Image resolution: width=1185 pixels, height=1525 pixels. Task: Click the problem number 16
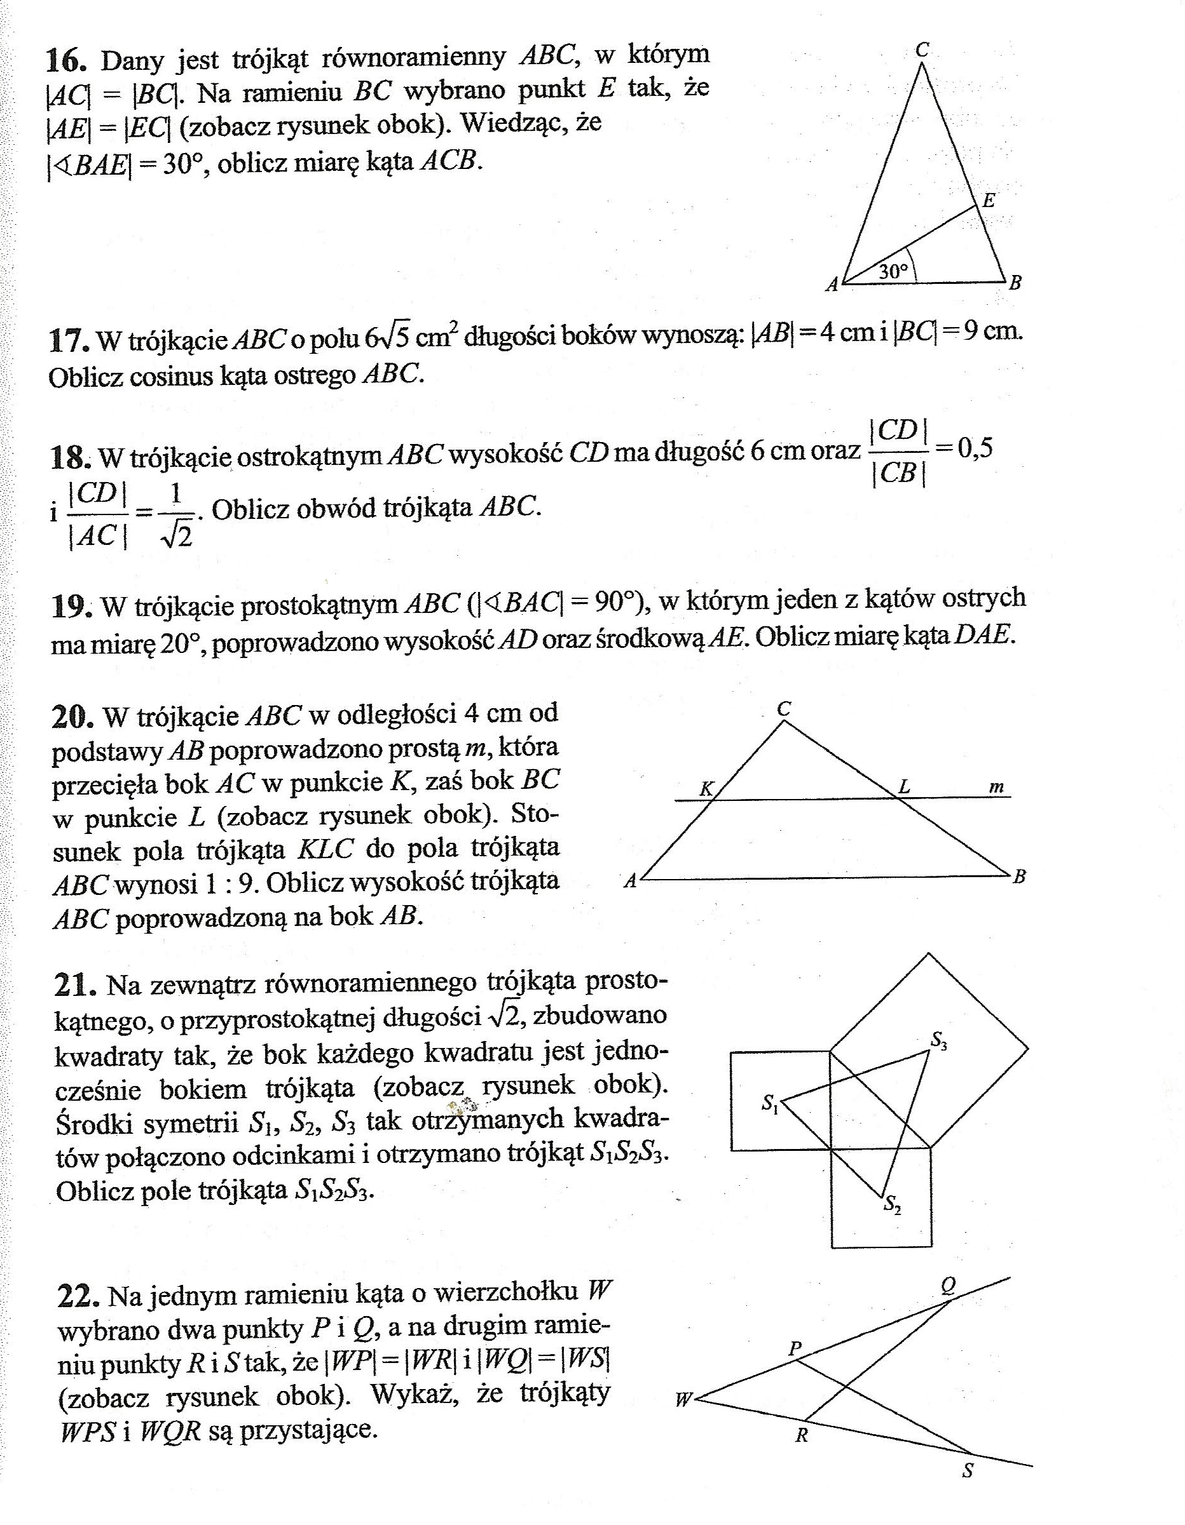(x=66, y=60)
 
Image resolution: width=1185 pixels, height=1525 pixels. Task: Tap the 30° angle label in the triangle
(x=892, y=272)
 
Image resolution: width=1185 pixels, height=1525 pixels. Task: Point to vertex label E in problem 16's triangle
(x=988, y=201)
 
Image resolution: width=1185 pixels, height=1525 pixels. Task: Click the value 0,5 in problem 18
(x=975, y=448)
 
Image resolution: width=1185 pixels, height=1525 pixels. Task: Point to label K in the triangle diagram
(x=706, y=788)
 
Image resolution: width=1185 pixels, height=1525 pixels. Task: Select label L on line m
(x=904, y=787)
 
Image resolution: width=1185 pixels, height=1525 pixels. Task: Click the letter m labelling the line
(x=996, y=787)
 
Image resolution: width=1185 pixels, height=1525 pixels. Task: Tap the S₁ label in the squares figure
(x=770, y=1103)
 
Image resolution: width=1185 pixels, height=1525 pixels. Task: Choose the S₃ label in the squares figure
(x=938, y=1041)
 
